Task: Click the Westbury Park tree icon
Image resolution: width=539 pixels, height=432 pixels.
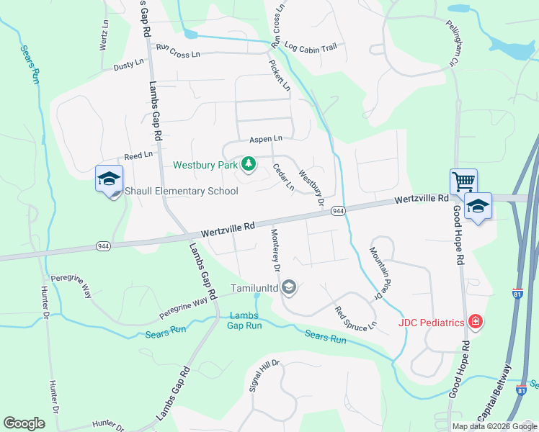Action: pos(249,165)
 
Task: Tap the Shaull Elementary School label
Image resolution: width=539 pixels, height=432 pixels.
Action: pos(182,191)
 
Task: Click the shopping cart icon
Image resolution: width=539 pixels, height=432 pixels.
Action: pos(463,181)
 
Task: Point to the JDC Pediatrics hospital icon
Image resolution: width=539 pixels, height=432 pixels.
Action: pos(475,322)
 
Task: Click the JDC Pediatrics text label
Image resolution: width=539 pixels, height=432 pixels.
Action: pos(431,323)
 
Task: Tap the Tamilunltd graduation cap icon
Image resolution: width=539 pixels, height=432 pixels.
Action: pos(289,288)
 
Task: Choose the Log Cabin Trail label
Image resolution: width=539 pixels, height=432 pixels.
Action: pos(311,48)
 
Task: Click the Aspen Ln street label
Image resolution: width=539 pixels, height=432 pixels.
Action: pos(266,138)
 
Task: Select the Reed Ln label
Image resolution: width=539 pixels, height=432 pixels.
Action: pos(138,155)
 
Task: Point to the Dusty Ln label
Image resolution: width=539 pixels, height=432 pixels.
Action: pos(129,66)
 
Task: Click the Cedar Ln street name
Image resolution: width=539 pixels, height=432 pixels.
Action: pos(283,176)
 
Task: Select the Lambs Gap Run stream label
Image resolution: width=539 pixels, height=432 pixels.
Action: pos(245,320)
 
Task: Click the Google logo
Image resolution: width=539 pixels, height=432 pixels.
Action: pos(24,423)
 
